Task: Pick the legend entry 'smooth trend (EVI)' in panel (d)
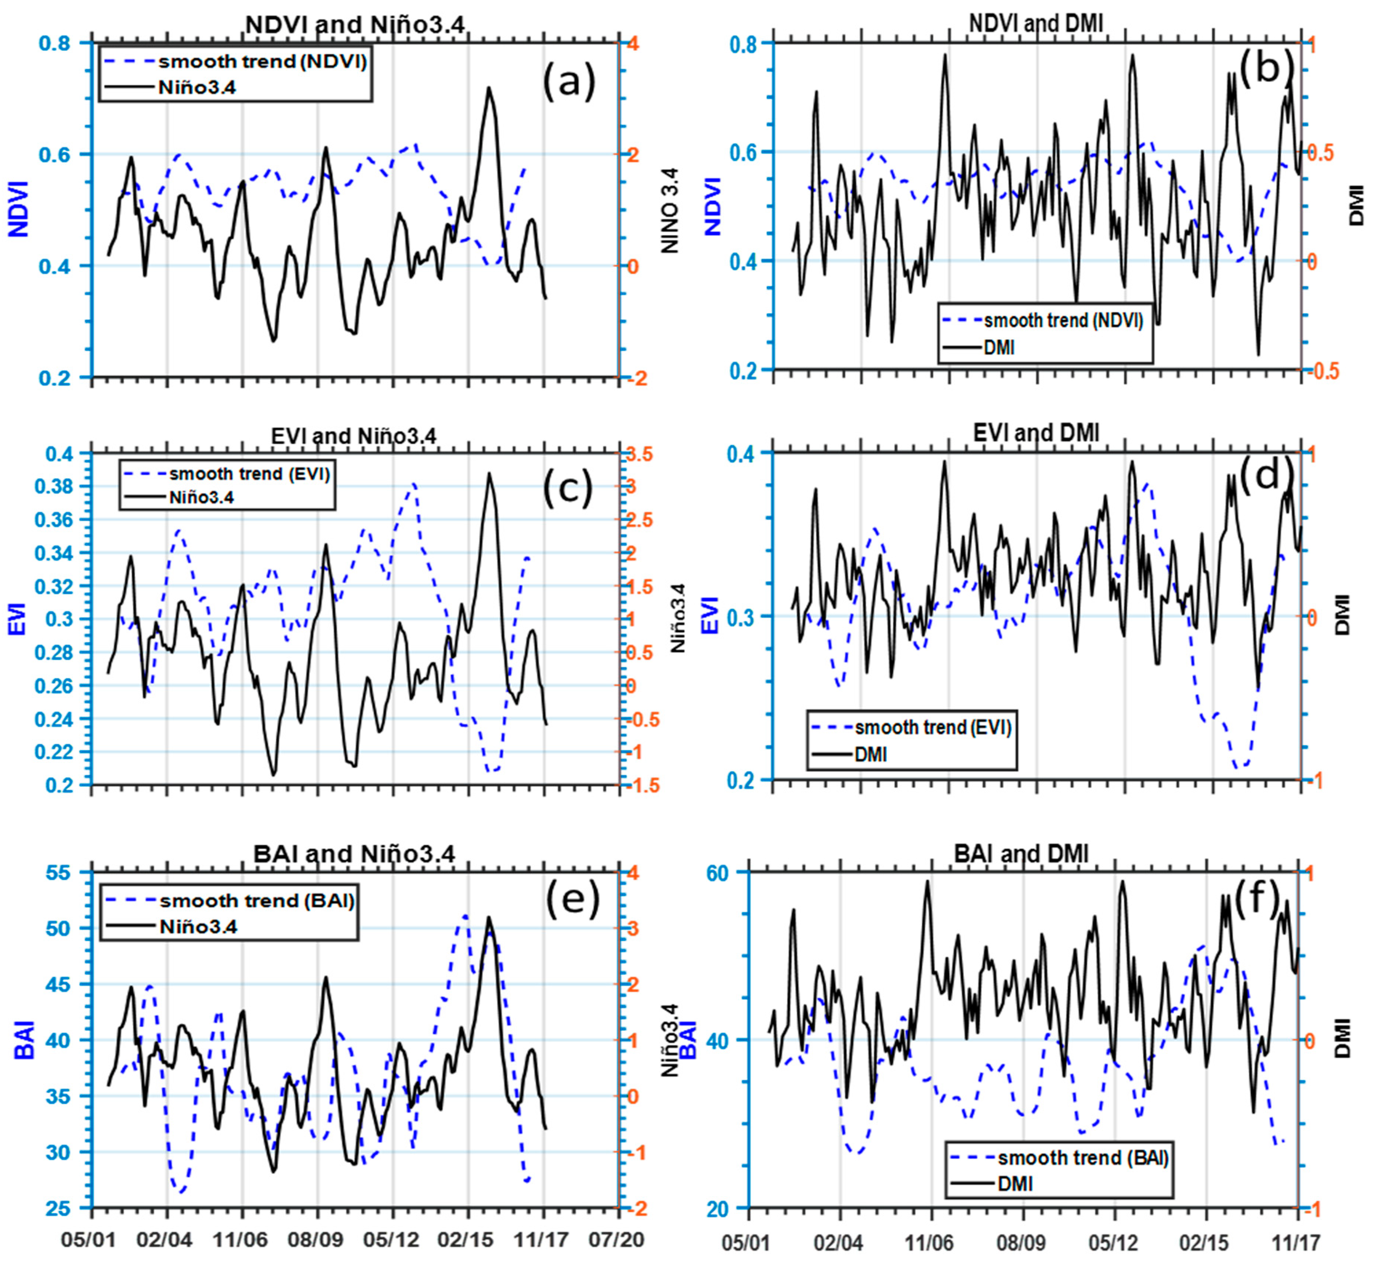(933, 727)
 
